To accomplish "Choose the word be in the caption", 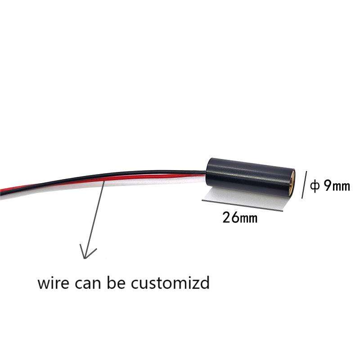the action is (118, 283).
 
